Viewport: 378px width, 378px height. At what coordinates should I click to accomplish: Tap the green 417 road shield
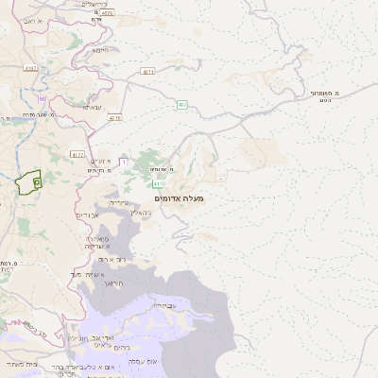tap(160, 184)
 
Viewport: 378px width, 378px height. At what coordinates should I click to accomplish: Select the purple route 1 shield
tap(122, 163)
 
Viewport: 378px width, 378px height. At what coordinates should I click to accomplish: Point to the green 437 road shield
tap(181, 103)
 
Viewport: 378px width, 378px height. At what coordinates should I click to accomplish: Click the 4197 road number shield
tap(31, 68)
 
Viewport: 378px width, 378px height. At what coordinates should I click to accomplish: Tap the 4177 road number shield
tap(77, 155)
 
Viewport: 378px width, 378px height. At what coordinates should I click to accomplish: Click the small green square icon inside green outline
tap(36, 180)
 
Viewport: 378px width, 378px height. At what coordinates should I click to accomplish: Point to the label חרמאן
tap(114, 283)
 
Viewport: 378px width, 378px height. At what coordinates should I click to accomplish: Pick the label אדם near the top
tap(95, 19)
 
